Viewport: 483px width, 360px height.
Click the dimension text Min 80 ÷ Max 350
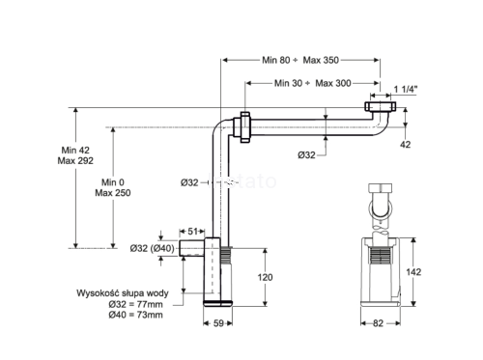[x=300, y=60]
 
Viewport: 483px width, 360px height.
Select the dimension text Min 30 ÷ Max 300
[x=312, y=83]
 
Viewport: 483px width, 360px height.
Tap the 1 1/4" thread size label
[x=406, y=89]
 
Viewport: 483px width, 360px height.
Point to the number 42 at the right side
[x=406, y=145]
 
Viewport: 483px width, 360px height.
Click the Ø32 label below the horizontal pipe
[x=306, y=155]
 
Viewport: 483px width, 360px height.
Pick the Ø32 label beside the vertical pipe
[x=189, y=182]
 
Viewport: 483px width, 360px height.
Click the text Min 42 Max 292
[x=75, y=155]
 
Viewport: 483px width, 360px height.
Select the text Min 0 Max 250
[x=113, y=187]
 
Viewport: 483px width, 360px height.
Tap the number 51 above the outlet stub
[x=192, y=232]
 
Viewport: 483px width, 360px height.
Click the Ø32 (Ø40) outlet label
[x=152, y=248]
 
